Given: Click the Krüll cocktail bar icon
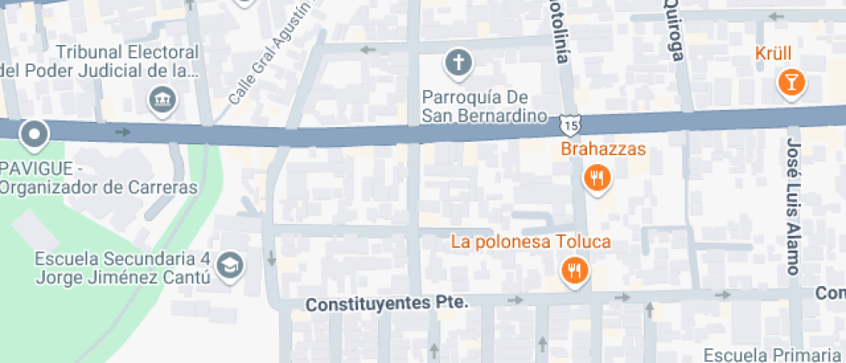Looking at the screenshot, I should [790, 83].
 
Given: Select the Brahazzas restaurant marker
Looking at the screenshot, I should [597, 179].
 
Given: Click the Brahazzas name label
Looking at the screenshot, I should [603, 150].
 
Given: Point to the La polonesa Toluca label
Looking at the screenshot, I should [531, 242].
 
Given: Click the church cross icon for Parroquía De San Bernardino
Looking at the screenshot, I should [458, 62].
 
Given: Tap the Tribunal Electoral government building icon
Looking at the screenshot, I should [161, 99].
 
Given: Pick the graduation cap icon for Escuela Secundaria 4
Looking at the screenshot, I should [230, 266].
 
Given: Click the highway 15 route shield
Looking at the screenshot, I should [568, 126].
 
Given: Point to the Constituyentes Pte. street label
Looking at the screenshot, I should [387, 303].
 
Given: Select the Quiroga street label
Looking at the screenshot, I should [674, 32].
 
